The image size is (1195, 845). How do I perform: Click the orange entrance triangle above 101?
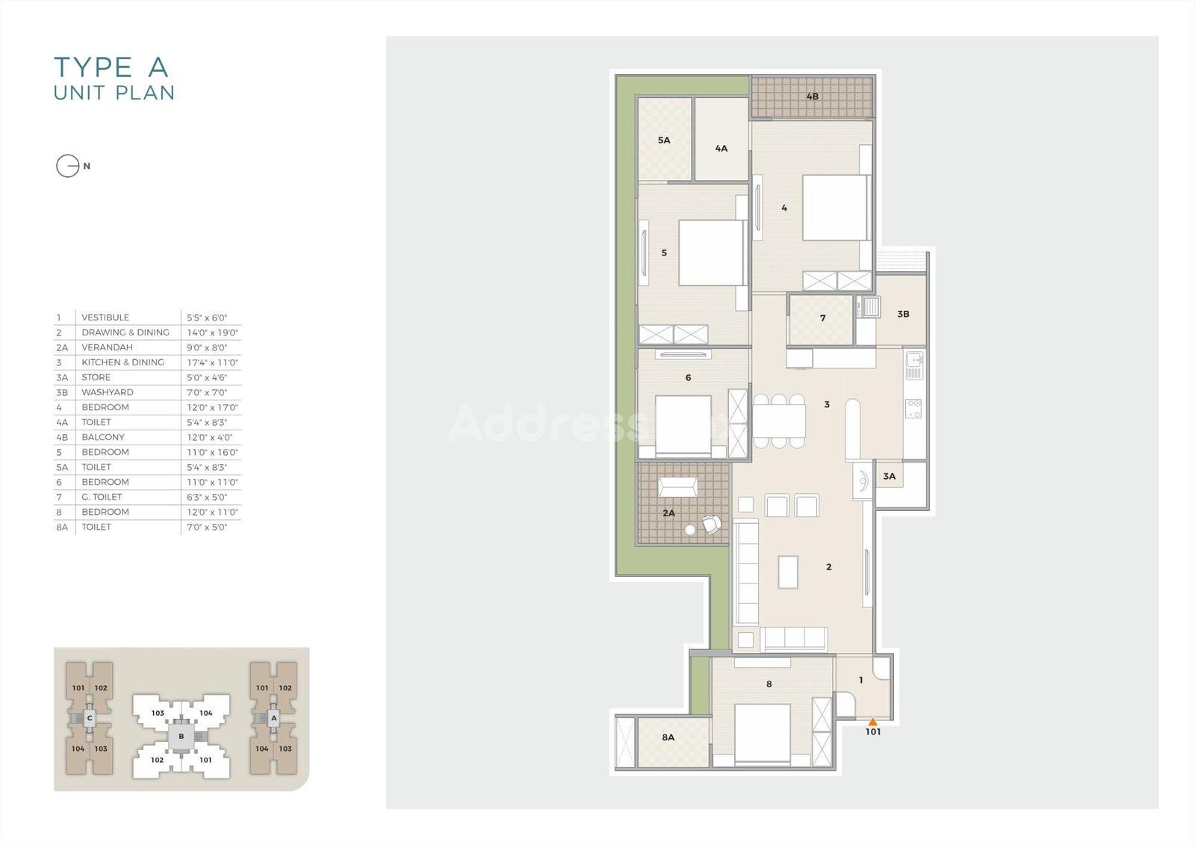873,722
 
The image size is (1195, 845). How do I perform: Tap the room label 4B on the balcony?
812,96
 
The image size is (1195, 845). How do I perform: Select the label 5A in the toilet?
664,140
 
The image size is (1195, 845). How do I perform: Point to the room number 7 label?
822,318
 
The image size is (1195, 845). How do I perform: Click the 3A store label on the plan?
889,476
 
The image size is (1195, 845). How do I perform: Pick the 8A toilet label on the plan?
668,737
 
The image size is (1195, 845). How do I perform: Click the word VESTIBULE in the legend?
105,318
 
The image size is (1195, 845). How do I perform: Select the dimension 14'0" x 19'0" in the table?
212,332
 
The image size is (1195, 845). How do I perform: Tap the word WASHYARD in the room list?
108,392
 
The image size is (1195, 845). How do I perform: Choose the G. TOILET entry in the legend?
102,497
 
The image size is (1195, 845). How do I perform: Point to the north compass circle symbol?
68,166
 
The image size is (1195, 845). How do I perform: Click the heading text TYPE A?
111,67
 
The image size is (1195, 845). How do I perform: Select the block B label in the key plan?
181,737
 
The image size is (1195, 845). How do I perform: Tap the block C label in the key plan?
89,718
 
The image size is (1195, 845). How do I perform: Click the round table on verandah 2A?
690,530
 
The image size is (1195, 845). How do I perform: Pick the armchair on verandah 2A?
712,524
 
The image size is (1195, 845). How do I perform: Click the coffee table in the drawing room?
788,572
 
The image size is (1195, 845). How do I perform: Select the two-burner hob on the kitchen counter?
913,409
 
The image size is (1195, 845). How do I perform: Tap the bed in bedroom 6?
683,425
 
